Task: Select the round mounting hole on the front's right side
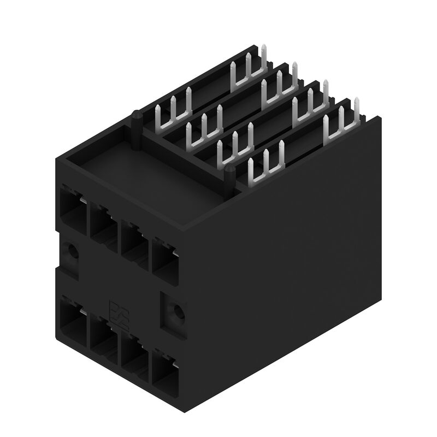[176, 312]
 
